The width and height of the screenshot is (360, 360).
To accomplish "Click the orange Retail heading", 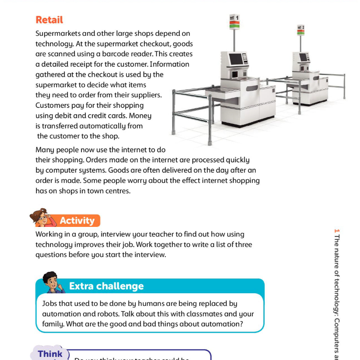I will (x=49, y=20).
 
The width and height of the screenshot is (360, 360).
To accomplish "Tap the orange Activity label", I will (x=77, y=221).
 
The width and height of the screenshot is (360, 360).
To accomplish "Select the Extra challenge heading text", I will (x=106, y=286).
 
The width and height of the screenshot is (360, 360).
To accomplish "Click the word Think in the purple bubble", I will (x=50, y=354).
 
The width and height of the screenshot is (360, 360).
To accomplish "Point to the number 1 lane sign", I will (x=234, y=20).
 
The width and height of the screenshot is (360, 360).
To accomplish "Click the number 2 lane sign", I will (x=300, y=30).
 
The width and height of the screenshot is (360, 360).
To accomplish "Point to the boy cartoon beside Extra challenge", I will (x=52, y=282).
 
